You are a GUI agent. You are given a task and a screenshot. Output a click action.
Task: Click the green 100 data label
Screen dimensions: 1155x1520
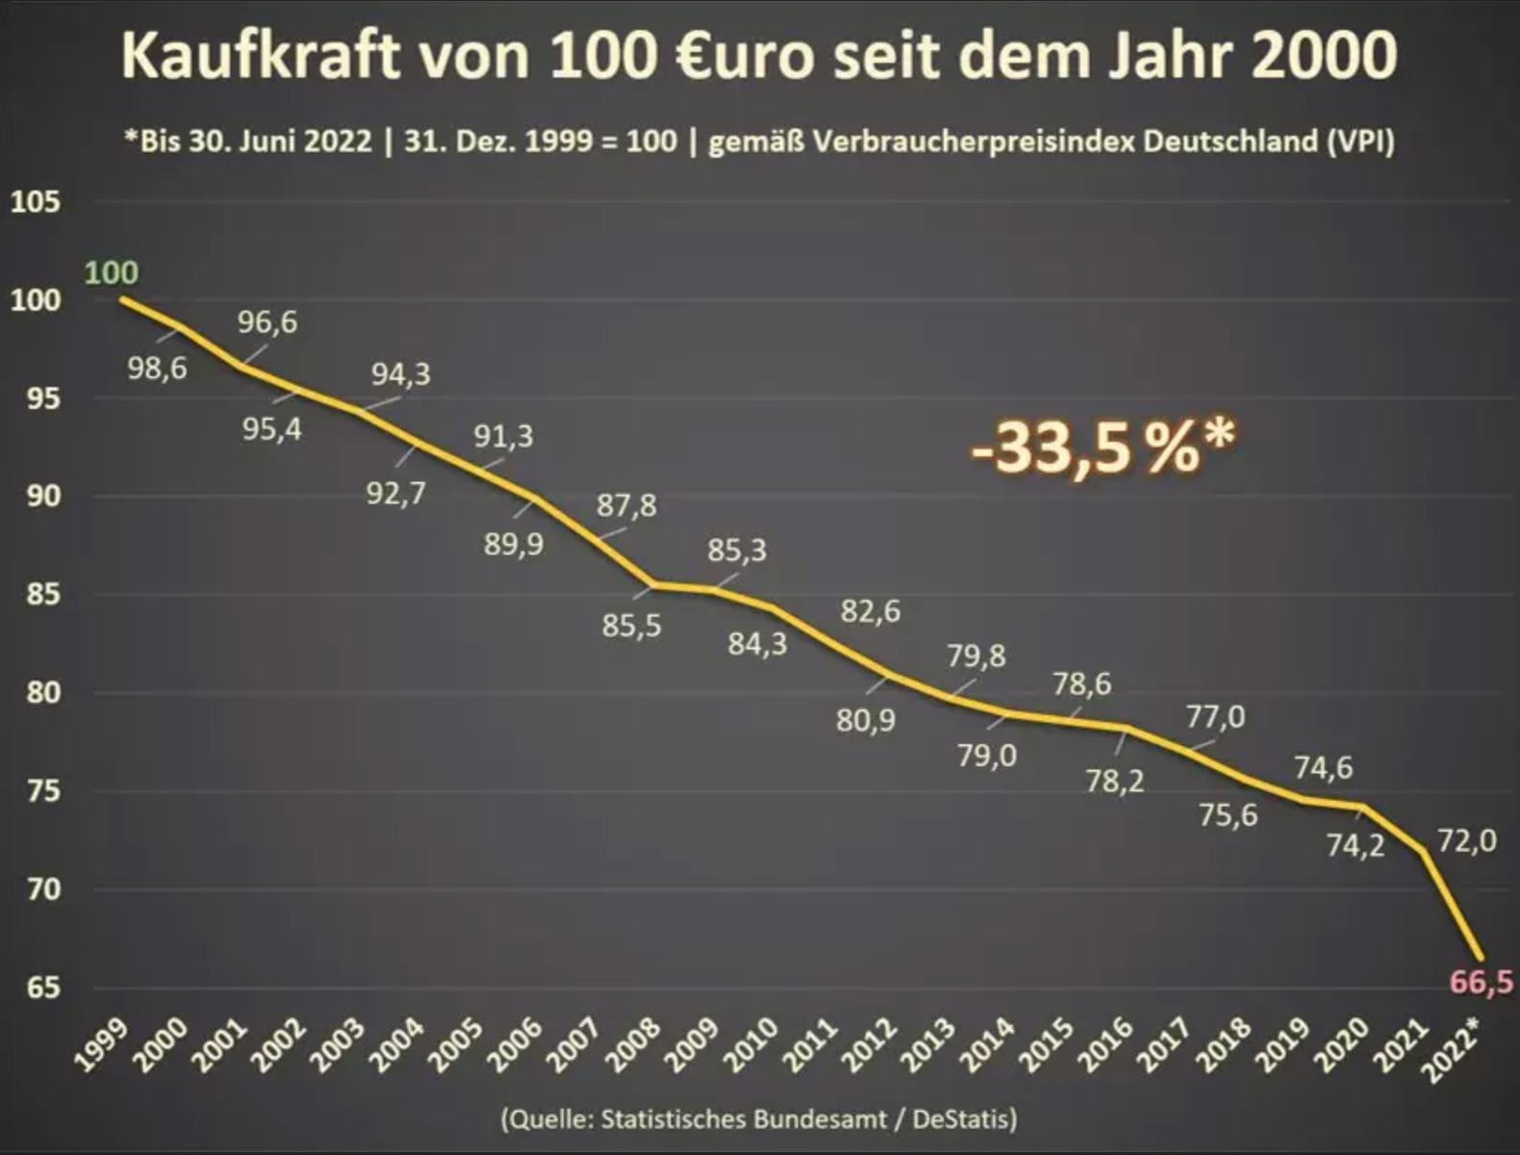pyautogui.click(x=112, y=273)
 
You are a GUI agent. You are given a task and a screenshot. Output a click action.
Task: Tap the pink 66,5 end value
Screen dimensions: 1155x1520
pyautogui.click(x=1481, y=983)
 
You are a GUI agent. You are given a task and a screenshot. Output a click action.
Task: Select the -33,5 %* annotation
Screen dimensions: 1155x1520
pyautogui.click(x=1102, y=447)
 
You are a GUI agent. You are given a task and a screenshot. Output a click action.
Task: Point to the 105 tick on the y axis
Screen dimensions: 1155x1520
pyautogui.click(x=36, y=202)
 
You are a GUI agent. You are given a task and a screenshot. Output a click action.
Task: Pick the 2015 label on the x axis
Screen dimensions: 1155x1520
pyautogui.click(x=1049, y=1043)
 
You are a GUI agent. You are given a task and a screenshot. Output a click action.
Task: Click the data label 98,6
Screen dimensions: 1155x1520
pyautogui.click(x=158, y=368)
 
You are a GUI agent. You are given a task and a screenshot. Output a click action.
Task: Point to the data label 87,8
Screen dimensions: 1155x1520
pyautogui.click(x=626, y=505)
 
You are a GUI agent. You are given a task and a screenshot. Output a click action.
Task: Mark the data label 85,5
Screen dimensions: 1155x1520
pyautogui.click(x=632, y=626)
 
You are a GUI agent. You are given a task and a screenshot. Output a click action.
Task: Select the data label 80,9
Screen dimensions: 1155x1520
pyautogui.click(x=866, y=720)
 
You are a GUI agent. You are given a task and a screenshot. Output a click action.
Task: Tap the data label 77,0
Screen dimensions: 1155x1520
pyautogui.click(x=1215, y=717)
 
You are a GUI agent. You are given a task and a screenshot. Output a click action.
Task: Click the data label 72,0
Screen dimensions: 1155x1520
pyautogui.click(x=1467, y=841)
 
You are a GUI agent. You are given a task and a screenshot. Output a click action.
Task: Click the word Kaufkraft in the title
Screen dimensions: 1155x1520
pyautogui.click(x=260, y=56)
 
